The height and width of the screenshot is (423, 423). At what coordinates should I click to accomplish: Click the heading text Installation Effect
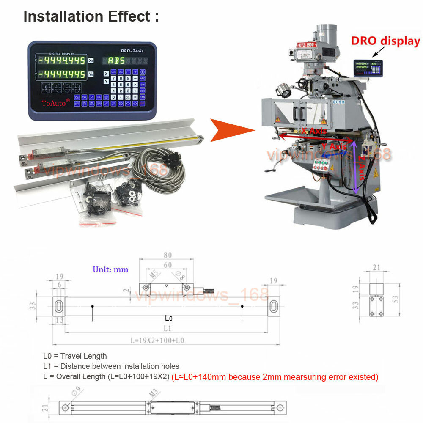(x=91, y=16)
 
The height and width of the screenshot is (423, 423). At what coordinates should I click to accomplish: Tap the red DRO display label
(x=386, y=41)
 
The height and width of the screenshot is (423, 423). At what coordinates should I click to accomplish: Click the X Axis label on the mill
(x=314, y=132)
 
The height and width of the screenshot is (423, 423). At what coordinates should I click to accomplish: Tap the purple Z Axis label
(x=361, y=167)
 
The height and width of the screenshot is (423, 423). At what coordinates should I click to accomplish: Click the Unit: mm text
(x=110, y=269)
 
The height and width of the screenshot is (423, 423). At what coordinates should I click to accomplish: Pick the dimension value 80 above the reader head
(x=168, y=255)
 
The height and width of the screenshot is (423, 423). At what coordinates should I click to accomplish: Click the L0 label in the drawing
(x=168, y=317)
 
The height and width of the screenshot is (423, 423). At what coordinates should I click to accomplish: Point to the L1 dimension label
(x=167, y=328)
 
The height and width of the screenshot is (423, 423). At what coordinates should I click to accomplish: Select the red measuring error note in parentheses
(x=275, y=376)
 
